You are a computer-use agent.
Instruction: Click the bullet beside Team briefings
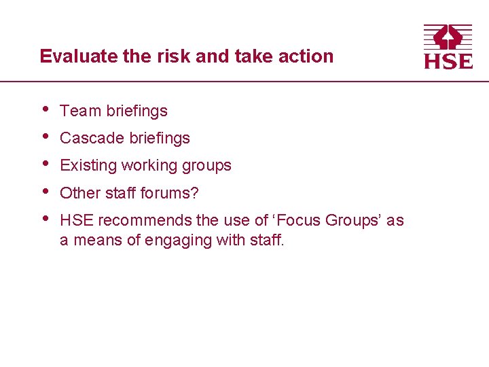click(x=45, y=109)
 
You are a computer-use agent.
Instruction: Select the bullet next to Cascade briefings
click(x=45, y=136)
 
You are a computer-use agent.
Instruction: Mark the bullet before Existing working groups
click(x=45, y=163)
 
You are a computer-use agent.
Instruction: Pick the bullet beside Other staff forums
click(x=45, y=191)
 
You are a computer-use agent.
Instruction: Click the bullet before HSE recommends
click(x=45, y=218)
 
